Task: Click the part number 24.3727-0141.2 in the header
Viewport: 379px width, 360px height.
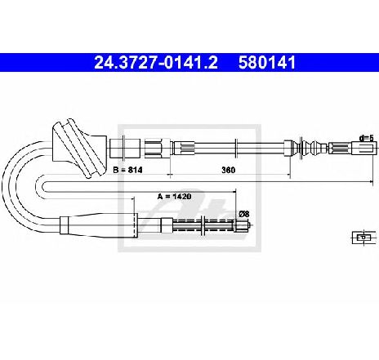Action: (156, 63)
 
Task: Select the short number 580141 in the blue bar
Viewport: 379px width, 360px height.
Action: (267, 63)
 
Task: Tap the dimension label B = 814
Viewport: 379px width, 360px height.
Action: (127, 170)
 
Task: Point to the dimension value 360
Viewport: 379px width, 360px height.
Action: (228, 170)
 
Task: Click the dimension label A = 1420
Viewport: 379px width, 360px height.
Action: (174, 196)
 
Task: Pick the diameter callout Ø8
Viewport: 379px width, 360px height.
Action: (244, 214)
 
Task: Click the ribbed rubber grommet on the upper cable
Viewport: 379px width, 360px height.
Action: (79, 149)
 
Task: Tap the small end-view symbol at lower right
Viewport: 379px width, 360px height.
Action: (363, 238)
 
